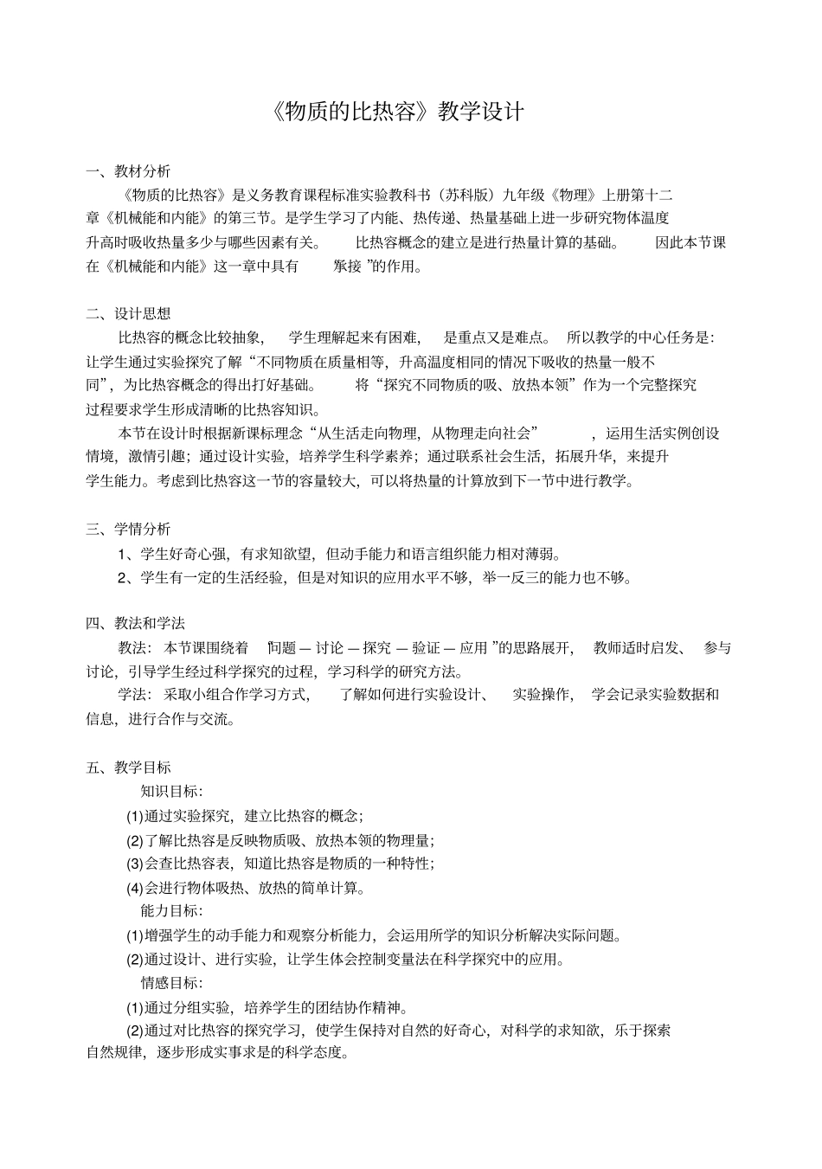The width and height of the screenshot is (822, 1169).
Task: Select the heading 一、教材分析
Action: pyautogui.click(x=128, y=170)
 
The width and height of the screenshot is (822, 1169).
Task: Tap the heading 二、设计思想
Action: pyautogui.click(x=128, y=313)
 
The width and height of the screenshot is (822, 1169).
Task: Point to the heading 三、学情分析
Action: pyautogui.click(x=128, y=529)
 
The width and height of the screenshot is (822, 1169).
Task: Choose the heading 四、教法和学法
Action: pyautogui.click(x=135, y=623)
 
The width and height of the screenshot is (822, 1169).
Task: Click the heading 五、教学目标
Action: pyautogui.click(x=128, y=767)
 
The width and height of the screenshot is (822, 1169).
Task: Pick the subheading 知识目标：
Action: pyautogui.click(x=171, y=791)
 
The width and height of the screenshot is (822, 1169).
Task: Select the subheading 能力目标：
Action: pyautogui.click(x=171, y=910)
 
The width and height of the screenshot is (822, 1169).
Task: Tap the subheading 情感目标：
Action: pyautogui.click(x=171, y=982)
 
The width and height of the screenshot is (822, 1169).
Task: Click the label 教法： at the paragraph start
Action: pyautogui.click(x=135, y=647)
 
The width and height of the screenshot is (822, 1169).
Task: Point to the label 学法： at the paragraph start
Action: pyautogui.click(x=135, y=694)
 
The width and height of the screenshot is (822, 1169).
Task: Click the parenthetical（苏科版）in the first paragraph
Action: pyautogui.click(x=466, y=195)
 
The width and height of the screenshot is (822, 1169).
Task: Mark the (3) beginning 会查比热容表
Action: pyautogui.click(x=135, y=864)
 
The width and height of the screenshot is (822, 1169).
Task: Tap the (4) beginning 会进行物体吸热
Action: pyautogui.click(x=135, y=888)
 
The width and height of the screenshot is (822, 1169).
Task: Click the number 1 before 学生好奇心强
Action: pyautogui.click(x=124, y=554)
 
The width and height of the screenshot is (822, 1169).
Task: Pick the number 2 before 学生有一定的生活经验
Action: pyautogui.click(x=124, y=577)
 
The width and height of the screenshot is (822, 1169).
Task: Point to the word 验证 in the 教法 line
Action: pyautogui.click(x=427, y=647)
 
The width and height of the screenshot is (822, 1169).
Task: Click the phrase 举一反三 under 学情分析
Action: pyautogui.click(x=513, y=577)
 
